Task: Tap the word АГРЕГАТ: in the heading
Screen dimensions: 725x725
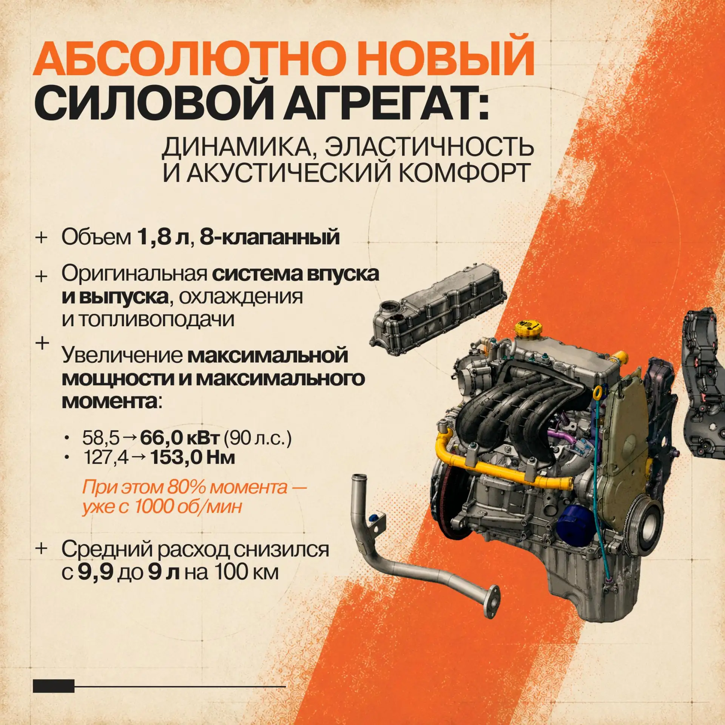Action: coord(386,101)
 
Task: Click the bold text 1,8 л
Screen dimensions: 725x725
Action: coord(163,237)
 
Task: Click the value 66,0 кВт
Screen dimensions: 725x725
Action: coord(180,438)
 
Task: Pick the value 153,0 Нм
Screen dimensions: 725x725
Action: coord(193,457)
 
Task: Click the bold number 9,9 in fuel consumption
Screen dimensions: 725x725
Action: coord(96,572)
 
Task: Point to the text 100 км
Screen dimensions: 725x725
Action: coord(247,572)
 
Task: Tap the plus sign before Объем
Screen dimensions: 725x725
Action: coord(41,238)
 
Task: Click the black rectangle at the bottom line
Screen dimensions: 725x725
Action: coord(54,686)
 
